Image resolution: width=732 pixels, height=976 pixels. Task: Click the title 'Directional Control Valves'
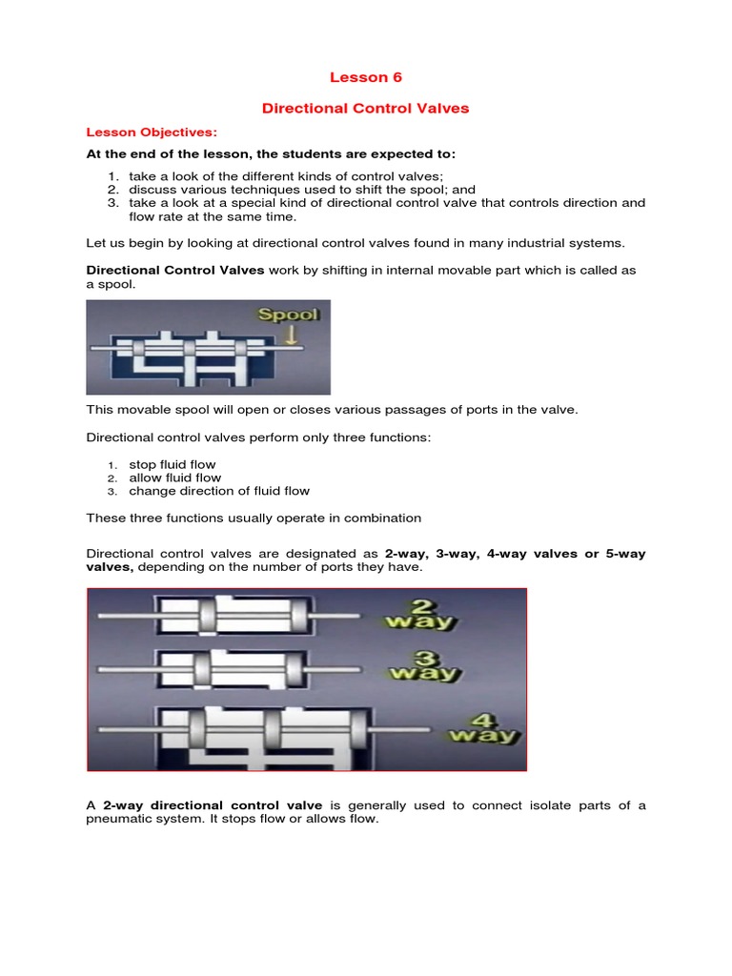click(365, 109)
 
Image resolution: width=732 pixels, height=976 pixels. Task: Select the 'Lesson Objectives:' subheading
click(152, 132)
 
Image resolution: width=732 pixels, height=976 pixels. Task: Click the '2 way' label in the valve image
click(419, 614)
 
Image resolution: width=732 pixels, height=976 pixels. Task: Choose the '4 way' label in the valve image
click(483, 726)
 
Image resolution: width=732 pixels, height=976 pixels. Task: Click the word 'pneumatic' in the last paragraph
click(120, 819)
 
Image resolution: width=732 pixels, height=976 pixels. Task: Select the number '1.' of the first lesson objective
click(112, 176)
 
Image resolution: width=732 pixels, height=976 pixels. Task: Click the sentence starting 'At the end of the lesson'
click(272, 153)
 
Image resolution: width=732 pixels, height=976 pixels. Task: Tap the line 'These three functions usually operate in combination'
click(254, 518)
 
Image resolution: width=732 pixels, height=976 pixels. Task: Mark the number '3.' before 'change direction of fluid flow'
click(112, 492)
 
